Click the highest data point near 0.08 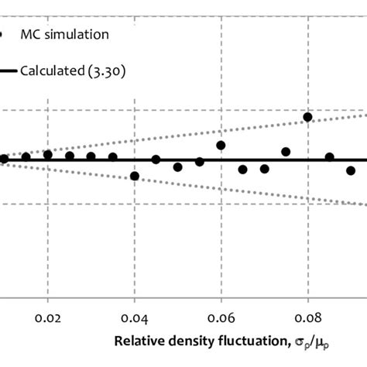307,117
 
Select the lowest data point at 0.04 135,176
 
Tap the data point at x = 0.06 221,145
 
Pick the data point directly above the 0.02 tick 48,155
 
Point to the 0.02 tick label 48,317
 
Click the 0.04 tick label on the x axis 135,317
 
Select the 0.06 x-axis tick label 221,317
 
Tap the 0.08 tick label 307,317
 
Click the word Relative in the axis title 137,341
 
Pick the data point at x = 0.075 286,152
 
